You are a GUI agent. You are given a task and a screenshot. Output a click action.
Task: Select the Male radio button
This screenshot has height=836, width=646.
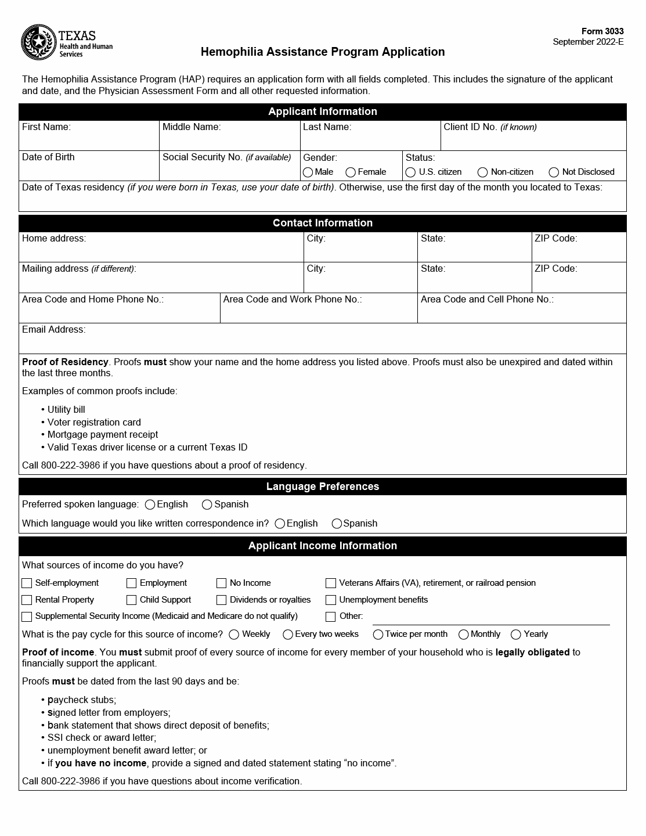308,172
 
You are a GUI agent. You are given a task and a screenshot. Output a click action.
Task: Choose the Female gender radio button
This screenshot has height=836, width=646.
351,172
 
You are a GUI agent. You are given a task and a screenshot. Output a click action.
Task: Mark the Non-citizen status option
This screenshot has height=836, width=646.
482,172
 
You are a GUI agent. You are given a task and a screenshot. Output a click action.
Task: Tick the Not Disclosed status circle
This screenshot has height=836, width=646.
554,172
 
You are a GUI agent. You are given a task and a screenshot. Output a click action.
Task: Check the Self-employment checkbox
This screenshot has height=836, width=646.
27,583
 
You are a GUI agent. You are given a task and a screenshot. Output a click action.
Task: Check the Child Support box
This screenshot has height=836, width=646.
131,600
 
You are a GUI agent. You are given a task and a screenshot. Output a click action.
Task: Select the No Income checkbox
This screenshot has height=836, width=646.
221,583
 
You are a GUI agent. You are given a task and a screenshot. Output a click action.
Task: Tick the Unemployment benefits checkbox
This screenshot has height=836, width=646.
331,600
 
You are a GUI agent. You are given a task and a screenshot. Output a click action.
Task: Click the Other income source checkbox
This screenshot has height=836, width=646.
331,617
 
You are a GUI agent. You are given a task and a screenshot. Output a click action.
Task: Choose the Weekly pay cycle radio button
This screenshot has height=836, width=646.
234,635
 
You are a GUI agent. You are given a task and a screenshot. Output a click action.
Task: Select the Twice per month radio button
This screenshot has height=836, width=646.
378,635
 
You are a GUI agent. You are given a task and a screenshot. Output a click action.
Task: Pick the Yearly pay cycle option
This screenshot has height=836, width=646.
515,635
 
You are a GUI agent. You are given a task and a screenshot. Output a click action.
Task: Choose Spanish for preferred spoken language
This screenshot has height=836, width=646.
207,505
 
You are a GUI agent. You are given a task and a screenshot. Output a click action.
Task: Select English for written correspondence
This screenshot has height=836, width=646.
280,524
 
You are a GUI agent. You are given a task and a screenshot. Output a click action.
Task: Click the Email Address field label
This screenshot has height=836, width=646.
53,330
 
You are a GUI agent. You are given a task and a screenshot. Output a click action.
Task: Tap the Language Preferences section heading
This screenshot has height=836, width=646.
323,487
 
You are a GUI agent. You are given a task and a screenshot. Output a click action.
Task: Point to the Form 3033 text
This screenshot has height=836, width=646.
602,31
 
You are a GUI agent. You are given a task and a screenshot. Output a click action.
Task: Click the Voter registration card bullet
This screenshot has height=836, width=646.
94,422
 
